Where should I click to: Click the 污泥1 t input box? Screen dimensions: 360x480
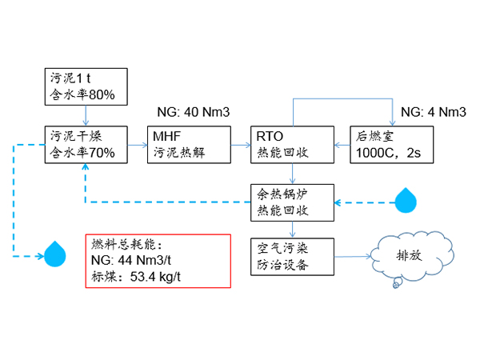coord(85,86)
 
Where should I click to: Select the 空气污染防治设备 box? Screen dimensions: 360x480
coord(290,257)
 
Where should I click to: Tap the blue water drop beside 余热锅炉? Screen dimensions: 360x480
coord(407,200)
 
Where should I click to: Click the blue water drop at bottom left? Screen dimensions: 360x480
coord(55,254)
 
